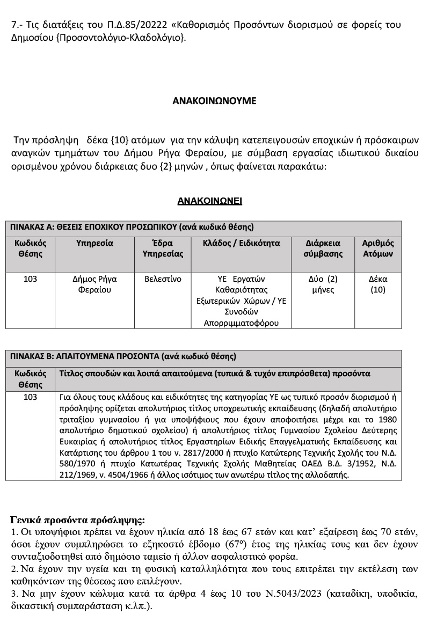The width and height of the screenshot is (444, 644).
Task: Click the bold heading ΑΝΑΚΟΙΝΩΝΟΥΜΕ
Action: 214,100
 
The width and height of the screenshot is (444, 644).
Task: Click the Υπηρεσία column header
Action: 94,243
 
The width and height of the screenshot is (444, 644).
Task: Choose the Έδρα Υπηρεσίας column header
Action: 163,248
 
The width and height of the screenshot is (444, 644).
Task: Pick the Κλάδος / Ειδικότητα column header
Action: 241,243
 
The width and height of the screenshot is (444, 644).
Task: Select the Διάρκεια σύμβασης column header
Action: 323,248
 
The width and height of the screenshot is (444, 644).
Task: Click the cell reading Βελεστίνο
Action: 163,279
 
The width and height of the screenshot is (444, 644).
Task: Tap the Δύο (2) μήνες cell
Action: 323,284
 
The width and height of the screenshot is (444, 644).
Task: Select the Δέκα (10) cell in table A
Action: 378,284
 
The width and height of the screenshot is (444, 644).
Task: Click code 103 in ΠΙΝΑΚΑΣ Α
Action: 31,279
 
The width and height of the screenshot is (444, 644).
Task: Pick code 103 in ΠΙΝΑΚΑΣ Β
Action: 31,397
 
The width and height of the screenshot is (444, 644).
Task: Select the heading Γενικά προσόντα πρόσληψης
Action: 77,520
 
